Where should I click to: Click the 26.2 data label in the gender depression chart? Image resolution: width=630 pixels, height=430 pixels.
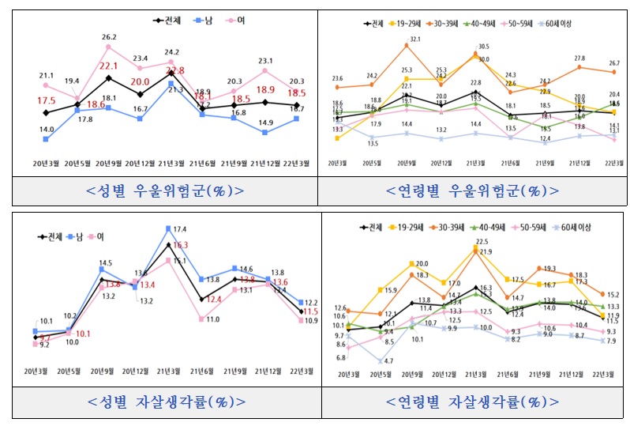[x=109, y=37]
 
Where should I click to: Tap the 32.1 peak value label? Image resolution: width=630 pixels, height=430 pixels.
[x=412, y=40]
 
